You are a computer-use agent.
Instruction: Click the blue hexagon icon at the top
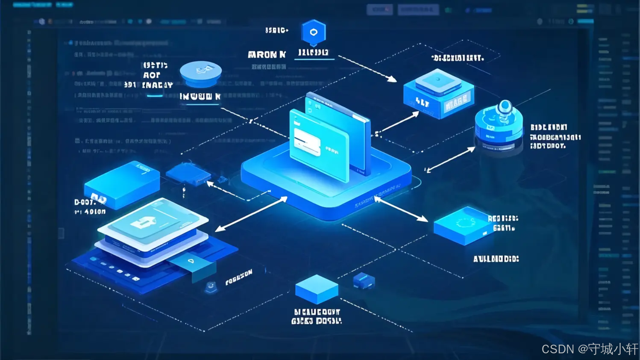tap(313, 32)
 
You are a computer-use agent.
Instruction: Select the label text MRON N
tap(266, 55)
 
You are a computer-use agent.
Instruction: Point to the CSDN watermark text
tap(589, 349)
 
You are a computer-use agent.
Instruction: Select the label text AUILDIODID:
tap(496, 259)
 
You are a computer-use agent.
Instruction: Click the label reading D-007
tap(85, 202)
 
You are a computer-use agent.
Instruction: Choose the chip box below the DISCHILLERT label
tap(438, 93)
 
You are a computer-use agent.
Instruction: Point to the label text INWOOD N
tap(200, 97)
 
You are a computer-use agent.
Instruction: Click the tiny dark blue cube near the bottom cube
tap(364, 280)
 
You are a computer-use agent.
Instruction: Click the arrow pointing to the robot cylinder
tap(450, 160)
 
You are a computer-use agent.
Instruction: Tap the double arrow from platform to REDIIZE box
tap(402, 209)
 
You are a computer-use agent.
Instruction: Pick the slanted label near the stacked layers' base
tap(239, 277)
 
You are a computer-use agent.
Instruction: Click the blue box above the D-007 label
tap(122, 183)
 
